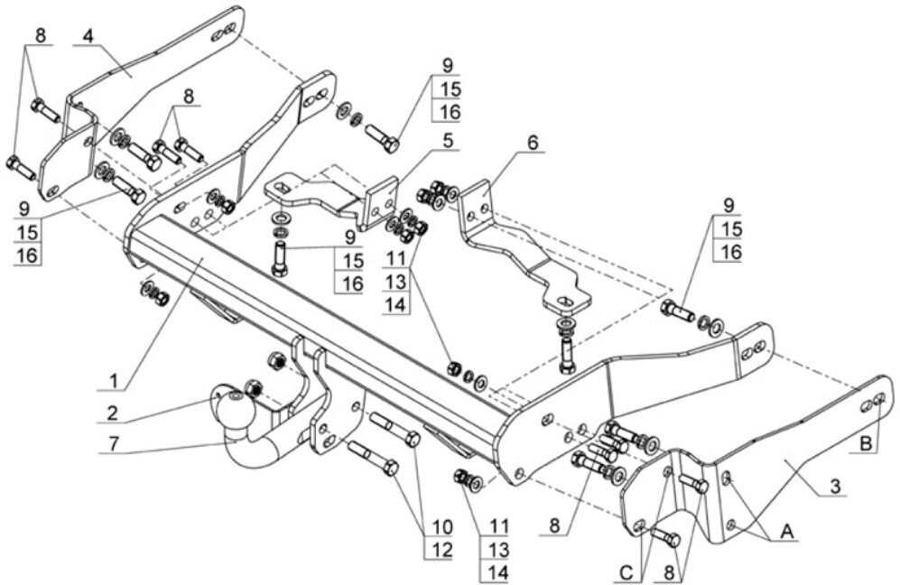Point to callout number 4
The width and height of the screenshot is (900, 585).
pos(87,36)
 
